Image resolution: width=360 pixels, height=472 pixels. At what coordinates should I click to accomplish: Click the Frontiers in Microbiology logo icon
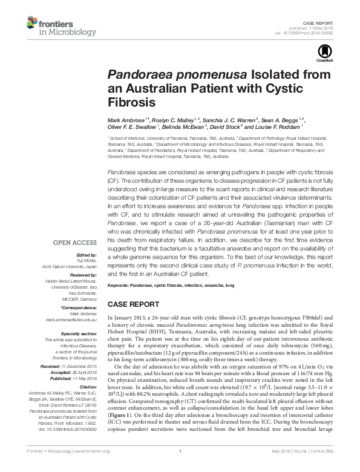(33, 24)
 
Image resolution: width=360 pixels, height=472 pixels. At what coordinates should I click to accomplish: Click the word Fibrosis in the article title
(129, 102)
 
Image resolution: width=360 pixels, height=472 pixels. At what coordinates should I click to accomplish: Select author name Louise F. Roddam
(278, 127)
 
